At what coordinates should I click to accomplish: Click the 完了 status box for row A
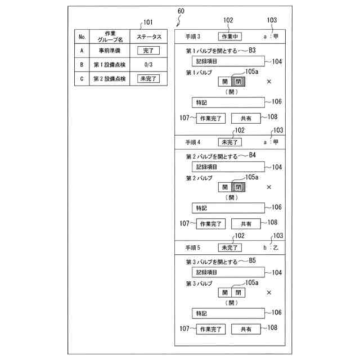click(x=149, y=51)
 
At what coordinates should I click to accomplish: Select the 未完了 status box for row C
click(x=149, y=79)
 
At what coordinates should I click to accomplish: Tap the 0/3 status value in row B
click(x=149, y=65)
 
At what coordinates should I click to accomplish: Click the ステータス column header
click(x=149, y=37)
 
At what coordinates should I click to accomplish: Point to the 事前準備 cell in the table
click(x=106, y=51)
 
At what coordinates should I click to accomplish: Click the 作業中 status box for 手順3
click(x=229, y=37)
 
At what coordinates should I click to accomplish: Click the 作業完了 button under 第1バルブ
click(x=210, y=118)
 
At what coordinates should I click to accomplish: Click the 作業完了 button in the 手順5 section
click(x=210, y=329)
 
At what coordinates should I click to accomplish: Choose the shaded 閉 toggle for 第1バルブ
click(x=238, y=82)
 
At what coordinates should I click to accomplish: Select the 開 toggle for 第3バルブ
click(x=226, y=292)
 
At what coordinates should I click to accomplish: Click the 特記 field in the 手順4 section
click(x=227, y=208)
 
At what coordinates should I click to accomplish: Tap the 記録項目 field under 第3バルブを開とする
click(x=227, y=272)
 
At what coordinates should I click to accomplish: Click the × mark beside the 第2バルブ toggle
click(x=269, y=187)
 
